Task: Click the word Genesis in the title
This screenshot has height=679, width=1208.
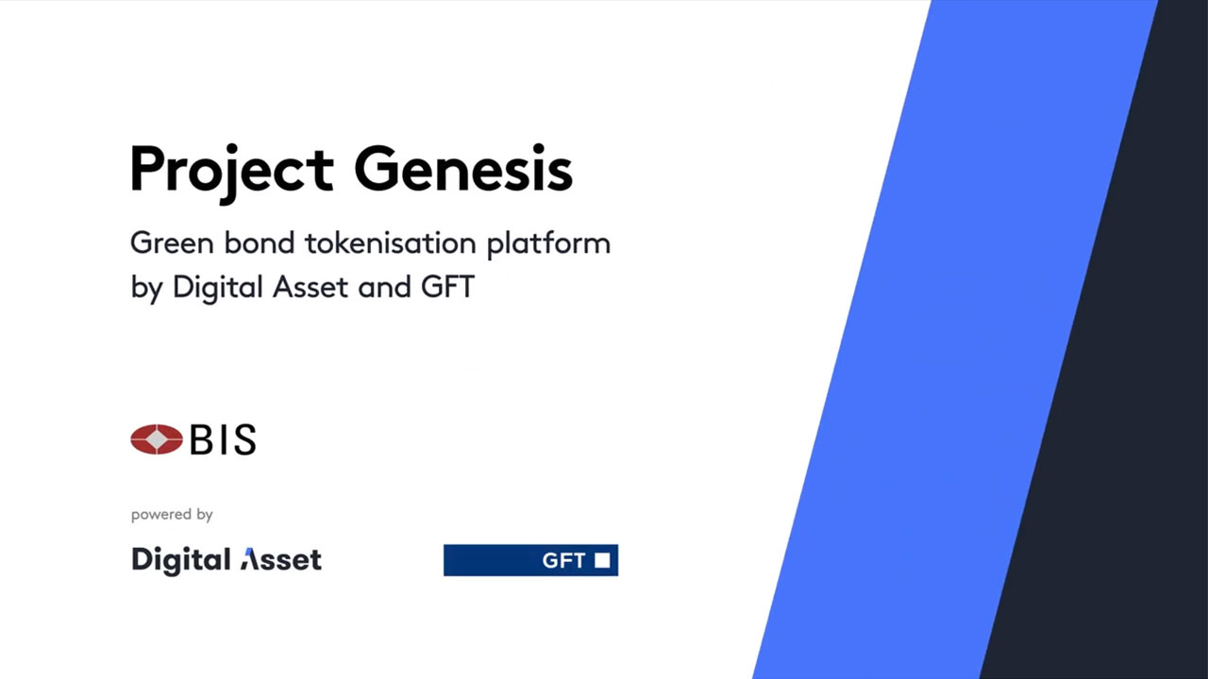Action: click(463, 168)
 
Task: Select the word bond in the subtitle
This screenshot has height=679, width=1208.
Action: click(260, 242)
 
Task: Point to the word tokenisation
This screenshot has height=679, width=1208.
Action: click(391, 242)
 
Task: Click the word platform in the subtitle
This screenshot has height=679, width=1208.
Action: click(548, 244)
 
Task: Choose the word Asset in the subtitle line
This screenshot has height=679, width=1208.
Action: click(310, 287)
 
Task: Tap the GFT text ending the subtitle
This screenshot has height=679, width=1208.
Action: click(447, 287)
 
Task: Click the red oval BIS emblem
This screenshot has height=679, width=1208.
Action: click(157, 439)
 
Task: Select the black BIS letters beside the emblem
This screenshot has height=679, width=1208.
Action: click(223, 439)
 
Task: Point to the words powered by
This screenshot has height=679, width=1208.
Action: click(172, 515)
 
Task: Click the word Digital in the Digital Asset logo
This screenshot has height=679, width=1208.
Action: click(181, 560)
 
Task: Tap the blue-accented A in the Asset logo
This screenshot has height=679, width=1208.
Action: click(250, 559)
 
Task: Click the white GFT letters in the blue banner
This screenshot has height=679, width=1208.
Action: click(563, 561)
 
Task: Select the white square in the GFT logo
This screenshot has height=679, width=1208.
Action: click(602, 560)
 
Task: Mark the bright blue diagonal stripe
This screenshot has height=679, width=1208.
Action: click(954, 339)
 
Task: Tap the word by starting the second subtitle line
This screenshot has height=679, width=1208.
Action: click(146, 289)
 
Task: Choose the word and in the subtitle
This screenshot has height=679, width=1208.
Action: click(384, 287)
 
